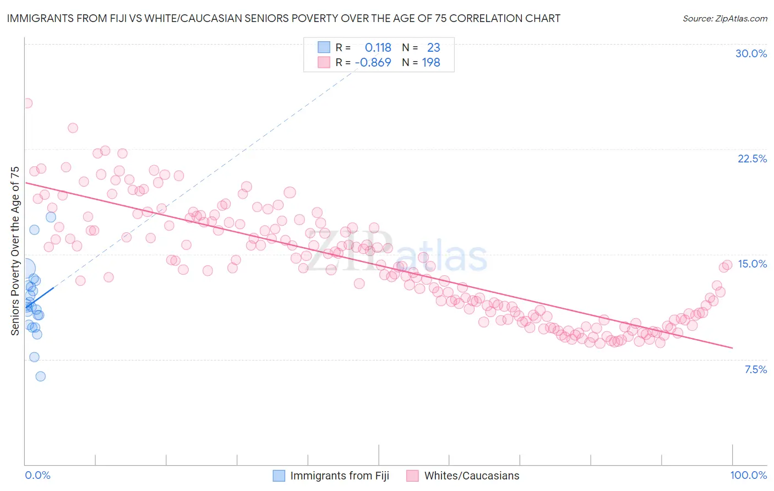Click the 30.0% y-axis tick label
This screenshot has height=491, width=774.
coord(751,53)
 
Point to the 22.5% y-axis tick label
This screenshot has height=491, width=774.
coord(752,159)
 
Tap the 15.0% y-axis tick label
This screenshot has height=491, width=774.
coord(752,264)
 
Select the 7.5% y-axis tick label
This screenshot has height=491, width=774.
coord(755,369)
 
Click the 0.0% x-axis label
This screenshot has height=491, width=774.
coord(37,475)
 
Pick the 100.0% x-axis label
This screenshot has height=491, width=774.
coord(748,475)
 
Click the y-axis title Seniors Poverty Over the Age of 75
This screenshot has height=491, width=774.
coord(15,250)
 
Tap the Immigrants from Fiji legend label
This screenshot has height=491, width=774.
coord(339,476)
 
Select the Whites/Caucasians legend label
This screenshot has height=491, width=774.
coord(471,476)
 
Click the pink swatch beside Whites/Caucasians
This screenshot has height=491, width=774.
coord(412,476)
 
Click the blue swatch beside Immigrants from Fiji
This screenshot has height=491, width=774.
coord(279,476)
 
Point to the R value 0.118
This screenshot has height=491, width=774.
coord(378,48)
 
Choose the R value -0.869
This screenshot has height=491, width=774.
coord(373,63)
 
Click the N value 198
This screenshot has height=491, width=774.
coord(431,63)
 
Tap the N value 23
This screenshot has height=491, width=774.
coord(433,48)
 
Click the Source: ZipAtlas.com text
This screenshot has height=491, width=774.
coord(724,19)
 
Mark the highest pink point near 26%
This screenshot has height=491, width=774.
coord(27,103)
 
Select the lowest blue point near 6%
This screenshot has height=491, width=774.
coord(40,377)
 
